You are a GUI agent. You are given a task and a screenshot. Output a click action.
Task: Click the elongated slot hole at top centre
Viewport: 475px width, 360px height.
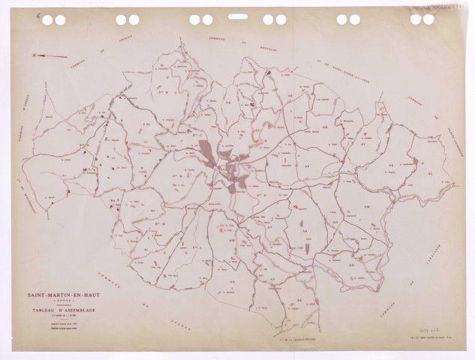(237, 16)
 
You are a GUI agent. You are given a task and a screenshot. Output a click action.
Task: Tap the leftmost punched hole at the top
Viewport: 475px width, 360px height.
(47, 20)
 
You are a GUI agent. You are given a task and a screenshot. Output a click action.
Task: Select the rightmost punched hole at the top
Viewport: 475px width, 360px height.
(428, 19)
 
